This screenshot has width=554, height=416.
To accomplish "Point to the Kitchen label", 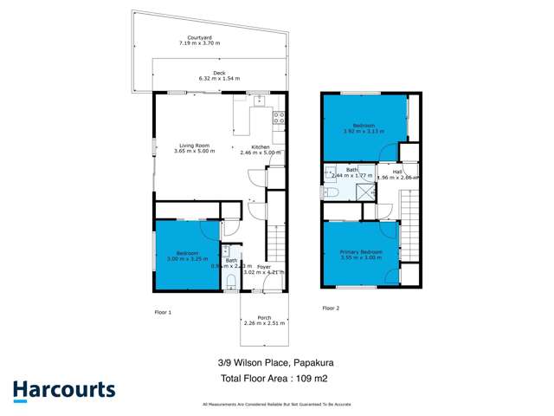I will (x=261, y=147).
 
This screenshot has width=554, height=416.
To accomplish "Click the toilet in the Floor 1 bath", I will (x=230, y=279).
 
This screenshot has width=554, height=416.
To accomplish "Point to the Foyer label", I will (x=263, y=267).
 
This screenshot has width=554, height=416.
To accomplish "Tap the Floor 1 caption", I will (x=164, y=310).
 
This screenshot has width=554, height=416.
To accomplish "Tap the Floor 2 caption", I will (x=332, y=308).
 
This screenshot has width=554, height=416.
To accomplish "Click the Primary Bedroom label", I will (x=361, y=252).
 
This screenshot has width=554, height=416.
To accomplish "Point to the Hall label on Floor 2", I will (x=396, y=172).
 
